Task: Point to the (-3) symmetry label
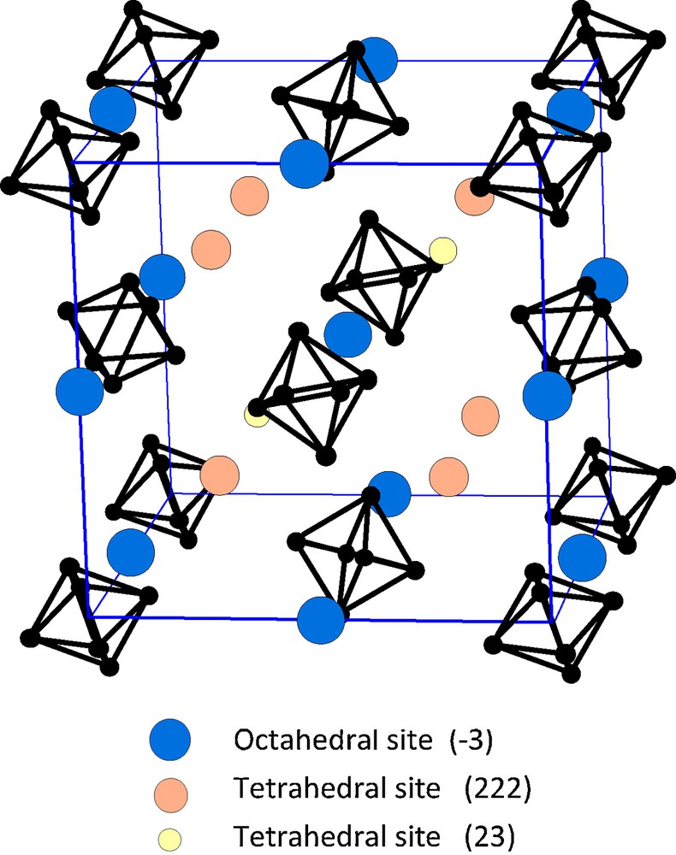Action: pos(470,741)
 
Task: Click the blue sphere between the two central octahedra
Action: pos(347,334)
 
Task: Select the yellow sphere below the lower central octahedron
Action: pos(256,416)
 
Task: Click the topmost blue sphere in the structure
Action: pos(375,60)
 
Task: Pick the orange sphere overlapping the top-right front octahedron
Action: pos(473,198)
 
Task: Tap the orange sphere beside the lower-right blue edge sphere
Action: pos(480,416)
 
